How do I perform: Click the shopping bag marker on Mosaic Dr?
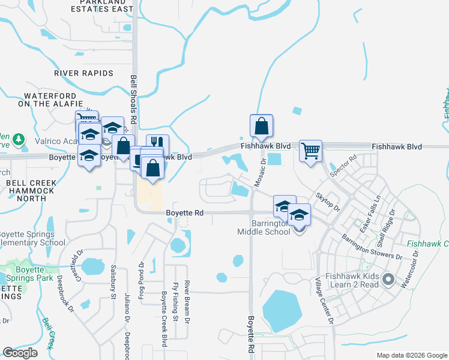click(x=261, y=126)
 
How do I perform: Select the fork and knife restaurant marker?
click(x=157, y=145)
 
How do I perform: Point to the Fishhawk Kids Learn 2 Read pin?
click(x=388, y=279)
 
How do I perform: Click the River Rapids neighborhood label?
click(x=83, y=73)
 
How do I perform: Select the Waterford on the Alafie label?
click(x=50, y=100)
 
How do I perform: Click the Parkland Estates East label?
click(x=101, y=6)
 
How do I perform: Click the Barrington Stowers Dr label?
click(x=373, y=247)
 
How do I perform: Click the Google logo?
click(x=20, y=353)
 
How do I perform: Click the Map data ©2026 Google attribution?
click(x=411, y=355)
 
